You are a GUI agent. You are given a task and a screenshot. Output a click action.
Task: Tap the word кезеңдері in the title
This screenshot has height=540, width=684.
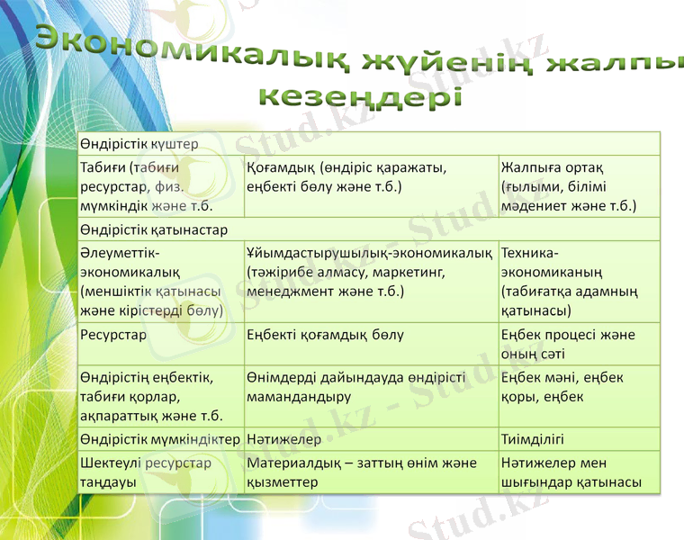[360, 96]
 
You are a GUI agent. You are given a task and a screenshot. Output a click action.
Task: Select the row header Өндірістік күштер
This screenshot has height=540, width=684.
[139, 144]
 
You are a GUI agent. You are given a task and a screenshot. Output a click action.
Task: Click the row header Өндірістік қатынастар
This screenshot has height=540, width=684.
[153, 229]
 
